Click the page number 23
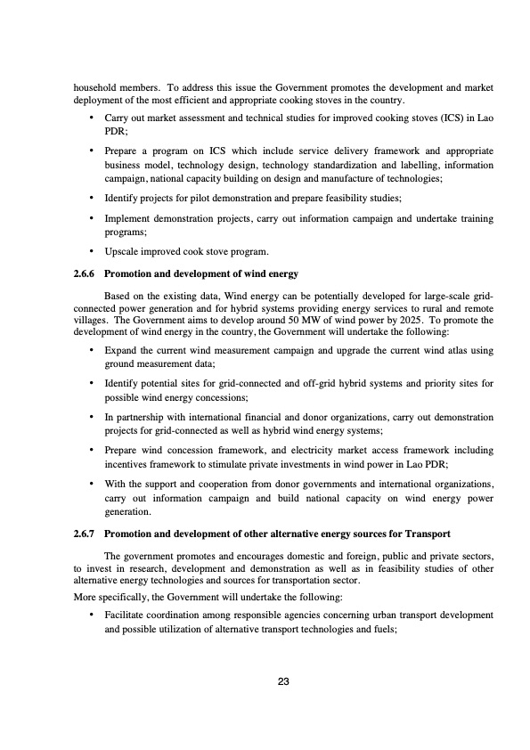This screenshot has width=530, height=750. [283, 681]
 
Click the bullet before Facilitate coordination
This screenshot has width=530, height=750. [93, 615]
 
